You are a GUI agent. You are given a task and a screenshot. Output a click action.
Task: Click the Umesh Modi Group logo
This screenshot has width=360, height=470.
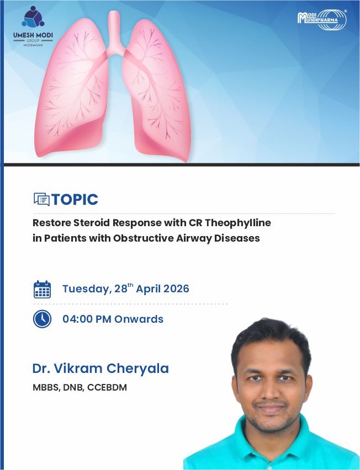[x=33, y=26]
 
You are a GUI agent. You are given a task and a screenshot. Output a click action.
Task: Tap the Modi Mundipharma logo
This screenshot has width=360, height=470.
[x=322, y=20]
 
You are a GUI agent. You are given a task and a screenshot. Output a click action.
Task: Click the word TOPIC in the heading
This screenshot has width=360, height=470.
[x=75, y=200]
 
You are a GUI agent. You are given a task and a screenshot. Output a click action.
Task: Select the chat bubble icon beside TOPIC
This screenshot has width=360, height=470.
[x=41, y=199]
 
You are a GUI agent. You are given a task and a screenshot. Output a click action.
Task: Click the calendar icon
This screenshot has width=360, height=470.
[x=42, y=289]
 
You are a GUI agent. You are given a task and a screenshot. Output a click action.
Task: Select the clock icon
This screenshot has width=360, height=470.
[x=42, y=319]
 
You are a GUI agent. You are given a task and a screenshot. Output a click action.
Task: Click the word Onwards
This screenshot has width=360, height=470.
[x=139, y=319]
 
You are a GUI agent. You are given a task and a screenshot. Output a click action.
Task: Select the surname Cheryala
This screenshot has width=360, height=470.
[x=137, y=369]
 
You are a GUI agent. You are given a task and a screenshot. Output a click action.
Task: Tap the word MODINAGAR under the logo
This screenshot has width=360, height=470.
[x=33, y=45]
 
